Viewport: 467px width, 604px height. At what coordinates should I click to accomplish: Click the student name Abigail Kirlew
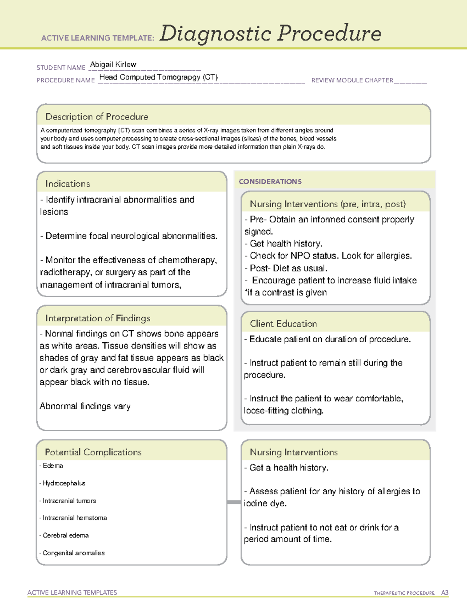(113, 65)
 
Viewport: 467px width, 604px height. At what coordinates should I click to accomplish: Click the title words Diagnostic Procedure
(270, 33)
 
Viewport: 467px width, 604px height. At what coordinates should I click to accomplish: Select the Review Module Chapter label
(352, 80)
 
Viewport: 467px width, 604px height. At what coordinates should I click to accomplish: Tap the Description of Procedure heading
(97, 117)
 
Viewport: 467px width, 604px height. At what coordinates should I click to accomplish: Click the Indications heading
(67, 184)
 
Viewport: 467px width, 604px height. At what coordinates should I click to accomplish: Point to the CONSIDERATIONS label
(270, 182)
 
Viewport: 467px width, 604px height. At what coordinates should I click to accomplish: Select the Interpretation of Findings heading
(98, 318)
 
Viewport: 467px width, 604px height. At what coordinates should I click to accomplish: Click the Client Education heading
(283, 324)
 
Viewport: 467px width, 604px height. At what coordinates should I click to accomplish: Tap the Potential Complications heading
(93, 452)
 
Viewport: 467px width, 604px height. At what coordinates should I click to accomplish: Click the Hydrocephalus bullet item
(64, 483)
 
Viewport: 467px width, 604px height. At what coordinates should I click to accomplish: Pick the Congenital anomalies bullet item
(74, 553)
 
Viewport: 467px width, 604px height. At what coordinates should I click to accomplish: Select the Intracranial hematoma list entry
(74, 518)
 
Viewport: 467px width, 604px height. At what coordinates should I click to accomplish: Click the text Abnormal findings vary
(85, 406)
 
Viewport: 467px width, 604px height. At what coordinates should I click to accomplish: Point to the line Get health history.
(286, 243)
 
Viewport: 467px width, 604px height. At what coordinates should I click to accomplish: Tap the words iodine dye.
(265, 503)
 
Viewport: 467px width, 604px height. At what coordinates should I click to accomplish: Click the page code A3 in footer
(444, 593)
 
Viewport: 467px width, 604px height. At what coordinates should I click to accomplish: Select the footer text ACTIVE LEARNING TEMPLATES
(72, 592)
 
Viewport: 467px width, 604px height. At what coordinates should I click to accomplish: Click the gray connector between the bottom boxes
(233, 502)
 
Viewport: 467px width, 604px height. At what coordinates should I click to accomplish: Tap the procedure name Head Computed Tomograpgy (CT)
(158, 77)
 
